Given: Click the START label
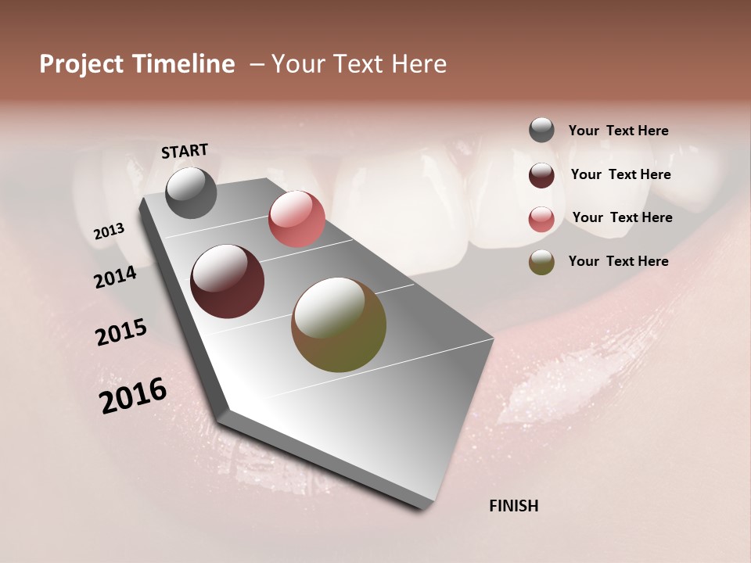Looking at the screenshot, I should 185,151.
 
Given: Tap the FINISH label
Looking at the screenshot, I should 513,506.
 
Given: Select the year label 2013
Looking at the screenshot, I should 110,231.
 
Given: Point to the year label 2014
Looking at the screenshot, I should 115,278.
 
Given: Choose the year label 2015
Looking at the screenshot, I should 121,332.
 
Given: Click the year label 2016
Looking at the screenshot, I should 133,396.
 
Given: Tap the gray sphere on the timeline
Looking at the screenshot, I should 191,192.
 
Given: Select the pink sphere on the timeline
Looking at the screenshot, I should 296,219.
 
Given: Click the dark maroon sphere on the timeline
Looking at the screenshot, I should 227,281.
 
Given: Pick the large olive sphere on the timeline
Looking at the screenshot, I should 339,325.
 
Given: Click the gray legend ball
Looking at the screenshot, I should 541,131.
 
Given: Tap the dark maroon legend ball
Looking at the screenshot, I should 541,175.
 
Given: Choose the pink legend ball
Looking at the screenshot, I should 541,218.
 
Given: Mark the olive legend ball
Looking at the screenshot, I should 541,262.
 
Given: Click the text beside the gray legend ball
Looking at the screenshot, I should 618,131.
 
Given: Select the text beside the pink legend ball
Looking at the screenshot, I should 622,217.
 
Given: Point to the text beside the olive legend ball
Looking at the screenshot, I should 618,261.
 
